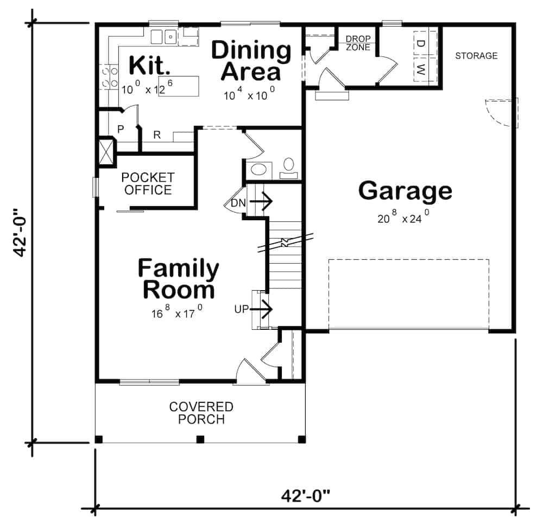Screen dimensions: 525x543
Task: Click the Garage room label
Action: (x=405, y=191)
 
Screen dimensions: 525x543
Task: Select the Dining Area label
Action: (x=251, y=60)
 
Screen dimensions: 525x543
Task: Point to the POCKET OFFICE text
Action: (x=148, y=184)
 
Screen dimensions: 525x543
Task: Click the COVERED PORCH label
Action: (x=201, y=413)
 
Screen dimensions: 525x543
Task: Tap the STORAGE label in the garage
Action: (x=476, y=56)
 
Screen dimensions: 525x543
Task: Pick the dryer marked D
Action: (x=421, y=43)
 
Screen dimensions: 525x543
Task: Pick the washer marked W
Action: (x=421, y=69)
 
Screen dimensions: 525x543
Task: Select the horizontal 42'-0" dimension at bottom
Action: (x=306, y=496)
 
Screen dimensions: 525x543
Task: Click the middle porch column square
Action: (x=200, y=439)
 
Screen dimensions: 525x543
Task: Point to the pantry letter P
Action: (x=121, y=130)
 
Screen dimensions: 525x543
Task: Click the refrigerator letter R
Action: (x=156, y=135)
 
